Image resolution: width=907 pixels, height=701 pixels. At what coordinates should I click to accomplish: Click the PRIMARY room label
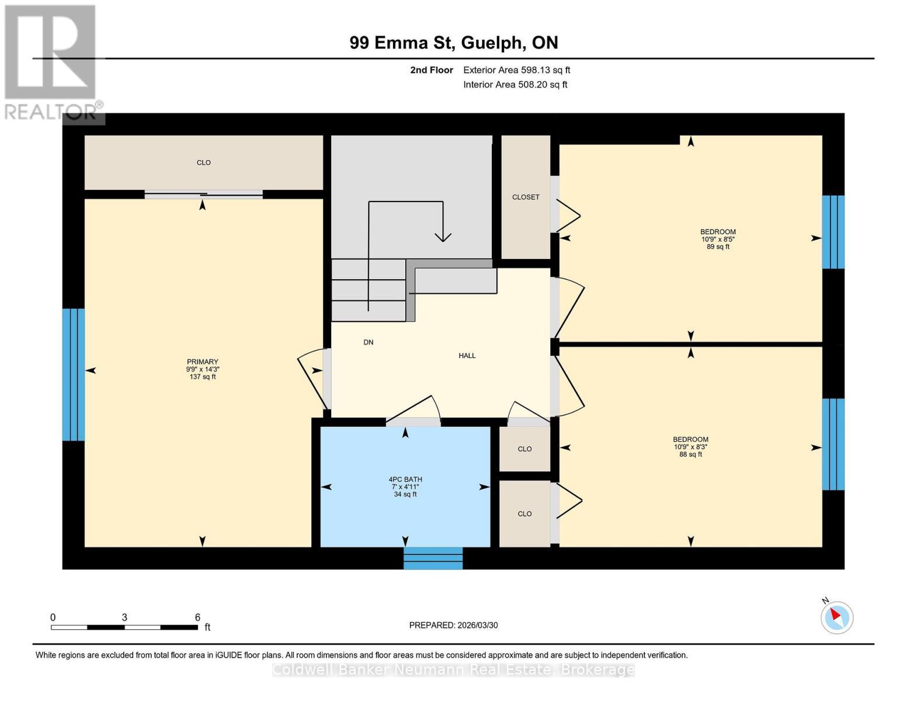(x=203, y=362)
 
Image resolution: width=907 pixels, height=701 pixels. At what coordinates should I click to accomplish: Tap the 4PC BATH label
(x=405, y=479)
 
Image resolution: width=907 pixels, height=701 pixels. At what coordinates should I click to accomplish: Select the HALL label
(x=467, y=356)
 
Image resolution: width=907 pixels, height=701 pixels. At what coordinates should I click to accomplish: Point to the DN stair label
(x=368, y=342)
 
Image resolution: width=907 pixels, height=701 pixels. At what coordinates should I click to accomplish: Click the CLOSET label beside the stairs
(x=526, y=197)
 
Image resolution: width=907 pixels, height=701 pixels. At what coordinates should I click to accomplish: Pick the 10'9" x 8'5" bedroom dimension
(x=718, y=240)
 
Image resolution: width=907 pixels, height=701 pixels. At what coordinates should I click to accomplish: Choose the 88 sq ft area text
(x=690, y=454)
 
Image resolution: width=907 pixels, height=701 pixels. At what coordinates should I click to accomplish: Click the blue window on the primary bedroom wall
(x=74, y=374)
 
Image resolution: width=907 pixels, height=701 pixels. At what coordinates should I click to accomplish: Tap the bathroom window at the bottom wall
(x=433, y=558)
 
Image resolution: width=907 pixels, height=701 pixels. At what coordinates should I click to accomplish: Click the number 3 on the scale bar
(x=124, y=617)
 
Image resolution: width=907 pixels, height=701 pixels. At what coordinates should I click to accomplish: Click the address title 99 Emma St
(x=402, y=43)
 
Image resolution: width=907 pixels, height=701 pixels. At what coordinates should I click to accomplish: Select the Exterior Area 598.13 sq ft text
(x=517, y=70)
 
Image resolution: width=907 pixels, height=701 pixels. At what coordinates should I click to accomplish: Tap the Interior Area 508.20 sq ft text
(x=515, y=84)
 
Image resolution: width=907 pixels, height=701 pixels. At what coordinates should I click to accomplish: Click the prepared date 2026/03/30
(x=478, y=625)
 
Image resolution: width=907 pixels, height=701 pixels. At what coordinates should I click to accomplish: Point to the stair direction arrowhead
(x=443, y=237)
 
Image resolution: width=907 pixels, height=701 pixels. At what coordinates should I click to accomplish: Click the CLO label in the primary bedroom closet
(x=204, y=162)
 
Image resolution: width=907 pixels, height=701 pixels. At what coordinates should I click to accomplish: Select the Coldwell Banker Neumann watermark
(x=453, y=669)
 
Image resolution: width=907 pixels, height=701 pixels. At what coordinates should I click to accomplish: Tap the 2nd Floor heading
(x=432, y=70)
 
